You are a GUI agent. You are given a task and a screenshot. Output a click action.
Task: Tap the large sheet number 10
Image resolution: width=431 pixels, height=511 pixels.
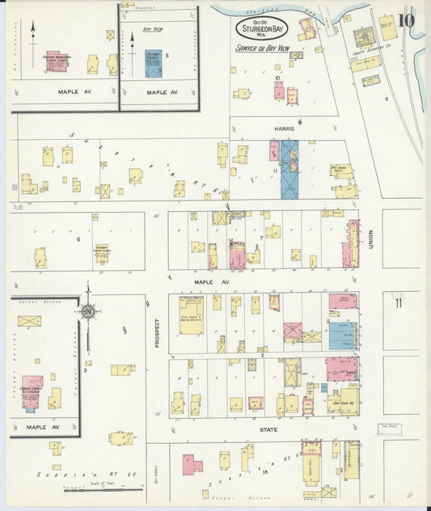(x=407, y=19)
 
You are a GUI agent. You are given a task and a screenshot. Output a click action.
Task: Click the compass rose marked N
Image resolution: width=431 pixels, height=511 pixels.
(x=87, y=311)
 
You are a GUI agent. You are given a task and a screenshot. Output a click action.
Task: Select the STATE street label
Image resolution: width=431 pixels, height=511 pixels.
(x=268, y=429)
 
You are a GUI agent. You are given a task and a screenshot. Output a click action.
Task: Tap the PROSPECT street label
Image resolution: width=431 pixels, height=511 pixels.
(x=157, y=332)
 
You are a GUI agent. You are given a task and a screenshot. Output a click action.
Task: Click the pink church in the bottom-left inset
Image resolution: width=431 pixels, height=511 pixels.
(x=32, y=389)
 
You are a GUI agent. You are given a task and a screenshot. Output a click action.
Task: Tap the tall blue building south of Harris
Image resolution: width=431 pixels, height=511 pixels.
(x=289, y=170)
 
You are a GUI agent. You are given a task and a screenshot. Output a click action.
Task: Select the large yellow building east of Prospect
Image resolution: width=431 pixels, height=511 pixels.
(x=191, y=315)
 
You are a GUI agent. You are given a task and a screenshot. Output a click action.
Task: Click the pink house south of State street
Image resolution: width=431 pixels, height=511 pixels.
(x=192, y=464)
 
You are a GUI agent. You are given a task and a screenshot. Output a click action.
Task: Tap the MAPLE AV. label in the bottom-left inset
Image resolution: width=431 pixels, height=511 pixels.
(x=40, y=426)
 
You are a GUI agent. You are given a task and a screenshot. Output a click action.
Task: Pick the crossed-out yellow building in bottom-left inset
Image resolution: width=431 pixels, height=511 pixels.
(x=29, y=321)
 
